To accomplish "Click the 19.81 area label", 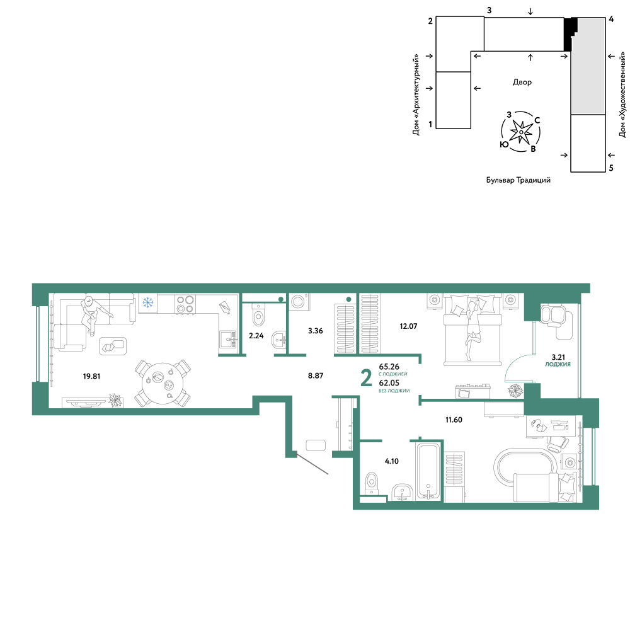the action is (91, 377).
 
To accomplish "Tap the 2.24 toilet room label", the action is (256, 336).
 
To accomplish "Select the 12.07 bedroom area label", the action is (408, 326).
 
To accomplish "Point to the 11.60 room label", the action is (454, 420).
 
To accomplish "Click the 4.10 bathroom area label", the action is (392, 461).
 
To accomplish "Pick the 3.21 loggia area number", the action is (558, 357).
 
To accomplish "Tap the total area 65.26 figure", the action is (389, 367).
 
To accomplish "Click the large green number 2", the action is (366, 379).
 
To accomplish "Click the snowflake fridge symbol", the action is (148, 302).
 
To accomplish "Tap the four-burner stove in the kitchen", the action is (185, 304).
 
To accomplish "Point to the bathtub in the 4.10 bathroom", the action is (428, 471).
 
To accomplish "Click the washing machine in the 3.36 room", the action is (299, 302).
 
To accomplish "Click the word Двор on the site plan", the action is (522, 83).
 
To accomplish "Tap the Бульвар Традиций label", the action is (518, 180).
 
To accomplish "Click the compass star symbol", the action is (521, 132).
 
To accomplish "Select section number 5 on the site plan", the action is (611, 168).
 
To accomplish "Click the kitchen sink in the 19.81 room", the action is (228, 340).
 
